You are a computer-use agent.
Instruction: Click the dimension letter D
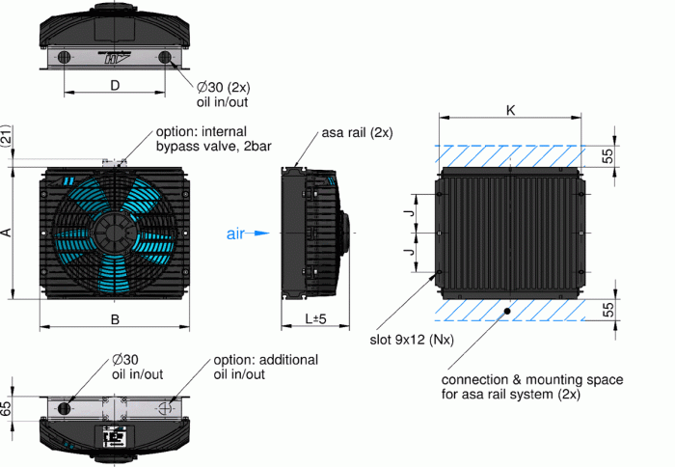(x=114, y=86)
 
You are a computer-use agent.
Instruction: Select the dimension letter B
(x=114, y=318)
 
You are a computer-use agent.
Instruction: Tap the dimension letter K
(x=510, y=110)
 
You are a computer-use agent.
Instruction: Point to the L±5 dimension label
(x=313, y=318)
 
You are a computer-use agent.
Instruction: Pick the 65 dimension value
(x=7, y=408)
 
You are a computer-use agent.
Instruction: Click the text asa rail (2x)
(x=357, y=132)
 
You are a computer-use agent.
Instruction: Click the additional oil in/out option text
(x=265, y=367)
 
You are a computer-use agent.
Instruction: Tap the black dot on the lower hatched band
(x=507, y=311)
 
